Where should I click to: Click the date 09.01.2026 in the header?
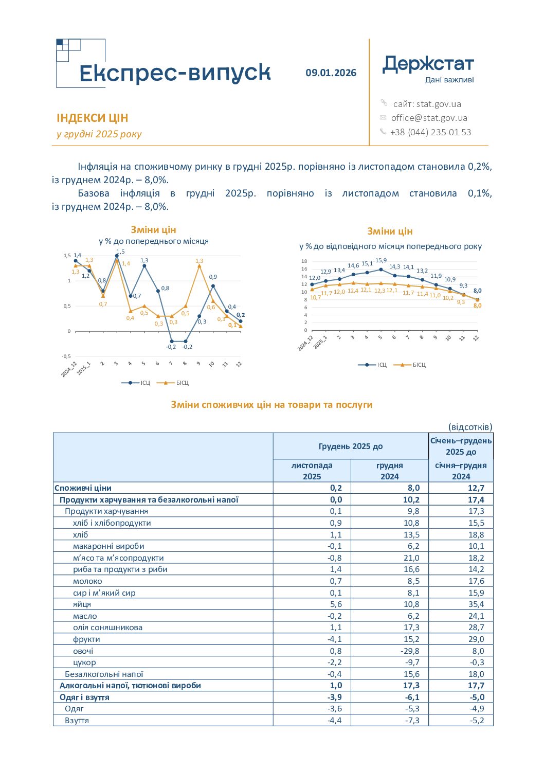click(331, 73)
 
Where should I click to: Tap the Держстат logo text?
click(428, 65)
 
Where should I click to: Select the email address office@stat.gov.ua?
click(429, 118)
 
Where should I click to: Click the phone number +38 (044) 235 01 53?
click(430, 132)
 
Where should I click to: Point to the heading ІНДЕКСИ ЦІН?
click(93, 118)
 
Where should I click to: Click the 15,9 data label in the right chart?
click(381, 261)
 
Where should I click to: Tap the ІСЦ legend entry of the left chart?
click(136, 383)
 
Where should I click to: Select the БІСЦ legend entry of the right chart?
click(409, 365)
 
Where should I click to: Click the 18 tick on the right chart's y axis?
click(304, 261)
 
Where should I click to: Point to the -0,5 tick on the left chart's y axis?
click(66, 356)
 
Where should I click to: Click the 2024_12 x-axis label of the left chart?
click(69, 369)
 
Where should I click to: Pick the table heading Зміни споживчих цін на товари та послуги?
click(271, 405)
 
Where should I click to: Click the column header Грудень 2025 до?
click(351, 446)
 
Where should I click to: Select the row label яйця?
click(82, 604)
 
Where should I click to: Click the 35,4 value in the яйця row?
click(476, 604)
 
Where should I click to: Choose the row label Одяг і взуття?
click(84, 697)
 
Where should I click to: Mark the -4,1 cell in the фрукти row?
click(334, 639)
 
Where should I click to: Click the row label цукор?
click(84, 662)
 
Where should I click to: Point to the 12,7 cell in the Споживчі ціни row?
click(476, 488)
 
